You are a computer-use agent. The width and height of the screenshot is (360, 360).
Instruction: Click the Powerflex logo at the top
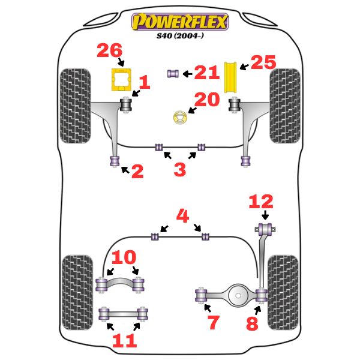click(180, 23)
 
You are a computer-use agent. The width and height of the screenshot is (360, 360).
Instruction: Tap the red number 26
click(110, 52)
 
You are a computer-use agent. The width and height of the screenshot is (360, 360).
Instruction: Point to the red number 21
click(206, 73)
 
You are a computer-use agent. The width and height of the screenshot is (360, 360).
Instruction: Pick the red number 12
click(261, 202)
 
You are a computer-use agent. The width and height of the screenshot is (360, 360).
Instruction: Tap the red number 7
click(214, 323)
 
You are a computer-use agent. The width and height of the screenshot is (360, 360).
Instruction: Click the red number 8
click(251, 324)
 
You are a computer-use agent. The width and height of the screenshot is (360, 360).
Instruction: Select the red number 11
click(124, 341)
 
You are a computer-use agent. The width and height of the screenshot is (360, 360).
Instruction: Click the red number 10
click(124, 259)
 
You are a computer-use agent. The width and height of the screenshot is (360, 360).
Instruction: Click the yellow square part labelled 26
click(122, 80)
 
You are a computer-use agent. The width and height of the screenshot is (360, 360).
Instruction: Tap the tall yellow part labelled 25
click(230, 77)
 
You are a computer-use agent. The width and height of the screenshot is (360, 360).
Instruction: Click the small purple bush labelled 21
click(173, 73)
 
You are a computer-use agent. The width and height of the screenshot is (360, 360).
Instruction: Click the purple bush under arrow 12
click(265, 228)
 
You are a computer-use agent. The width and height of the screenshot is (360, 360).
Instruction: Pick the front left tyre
click(75, 106)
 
